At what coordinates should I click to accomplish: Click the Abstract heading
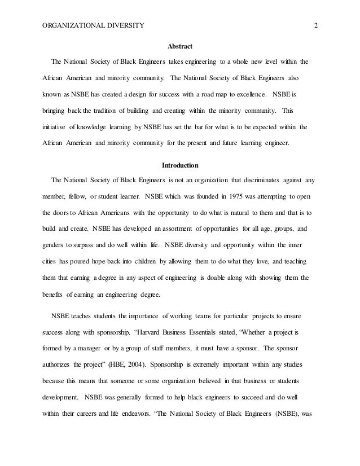179,46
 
